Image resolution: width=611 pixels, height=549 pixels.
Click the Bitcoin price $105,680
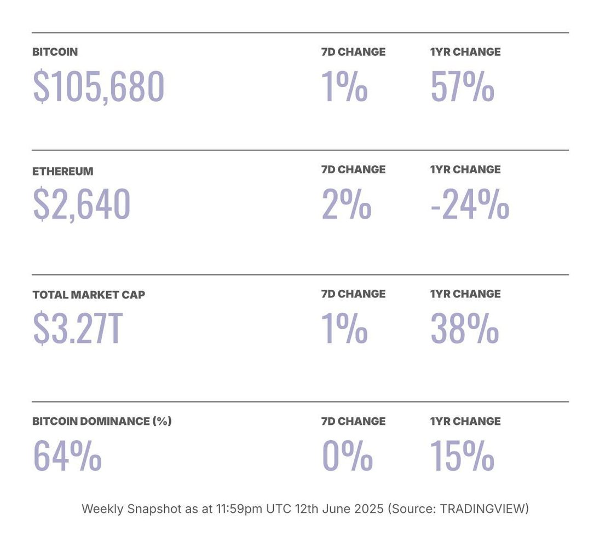pyautogui.click(x=99, y=87)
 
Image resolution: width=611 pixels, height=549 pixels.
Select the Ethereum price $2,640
pyautogui.click(x=82, y=204)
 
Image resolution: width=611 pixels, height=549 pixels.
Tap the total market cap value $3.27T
pyautogui.click(x=77, y=329)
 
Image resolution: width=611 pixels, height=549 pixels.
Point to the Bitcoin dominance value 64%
pyautogui.click(x=67, y=455)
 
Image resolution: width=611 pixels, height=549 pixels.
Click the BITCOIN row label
pyautogui.click(x=55, y=52)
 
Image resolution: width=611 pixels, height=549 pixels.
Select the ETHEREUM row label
pyautogui.click(x=62, y=171)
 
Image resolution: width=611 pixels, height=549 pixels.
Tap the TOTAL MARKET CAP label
pyautogui.click(x=89, y=294)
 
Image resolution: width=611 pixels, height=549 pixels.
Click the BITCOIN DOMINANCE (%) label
pyautogui.click(x=102, y=421)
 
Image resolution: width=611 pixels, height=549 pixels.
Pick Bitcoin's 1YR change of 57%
pyautogui.click(x=462, y=87)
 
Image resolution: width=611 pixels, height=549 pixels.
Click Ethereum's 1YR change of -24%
pyautogui.click(x=470, y=204)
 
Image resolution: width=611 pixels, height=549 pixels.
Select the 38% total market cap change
pyautogui.click(x=464, y=329)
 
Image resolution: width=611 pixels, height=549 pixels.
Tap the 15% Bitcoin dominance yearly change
pyautogui.click(x=462, y=455)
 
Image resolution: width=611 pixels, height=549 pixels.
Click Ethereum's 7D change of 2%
pyautogui.click(x=346, y=204)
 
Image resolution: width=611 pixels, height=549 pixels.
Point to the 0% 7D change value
pyautogui.click(x=347, y=455)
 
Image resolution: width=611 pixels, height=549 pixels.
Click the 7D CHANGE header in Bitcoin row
pyautogui.click(x=353, y=52)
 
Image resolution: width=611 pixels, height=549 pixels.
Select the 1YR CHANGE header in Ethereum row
pyautogui.click(x=465, y=170)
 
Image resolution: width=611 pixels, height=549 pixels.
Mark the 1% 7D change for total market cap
pyautogui.click(x=344, y=329)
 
